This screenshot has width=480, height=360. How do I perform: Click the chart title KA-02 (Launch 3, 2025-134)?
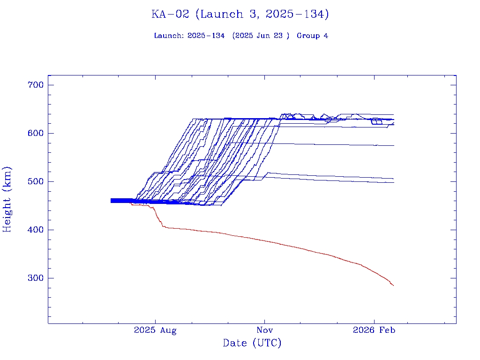tap(240, 15)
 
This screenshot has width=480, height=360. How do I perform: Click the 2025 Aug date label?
tap(155, 330)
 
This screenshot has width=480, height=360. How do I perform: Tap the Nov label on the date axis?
tap(265, 330)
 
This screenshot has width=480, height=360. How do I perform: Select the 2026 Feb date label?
tap(374, 330)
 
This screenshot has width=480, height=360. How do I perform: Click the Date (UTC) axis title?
tap(252, 343)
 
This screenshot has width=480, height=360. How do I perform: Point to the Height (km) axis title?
tap(7, 199)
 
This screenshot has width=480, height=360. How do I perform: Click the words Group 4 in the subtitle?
tap(312, 36)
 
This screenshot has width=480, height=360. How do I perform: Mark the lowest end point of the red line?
tap(393, 285)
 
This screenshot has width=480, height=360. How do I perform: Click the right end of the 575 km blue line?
tap(394, 146)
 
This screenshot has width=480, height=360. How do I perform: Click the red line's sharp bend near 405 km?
tap(163, 227)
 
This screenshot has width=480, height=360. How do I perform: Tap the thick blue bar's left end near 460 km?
tap(111, 201)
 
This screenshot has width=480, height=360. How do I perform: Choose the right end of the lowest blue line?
tap(394, 182)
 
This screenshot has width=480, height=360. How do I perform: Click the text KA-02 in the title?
tap(170, 15)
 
